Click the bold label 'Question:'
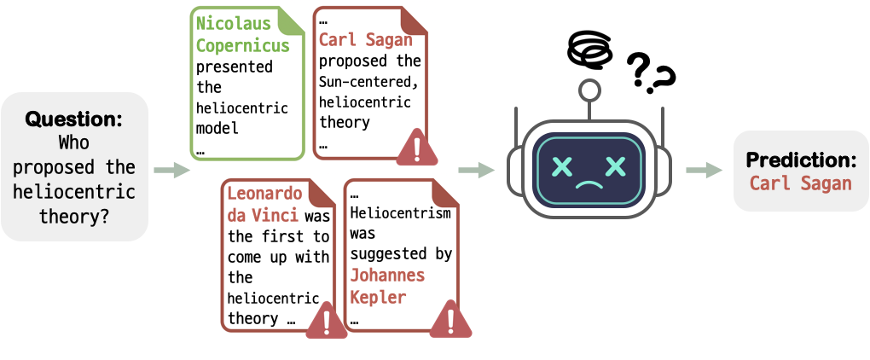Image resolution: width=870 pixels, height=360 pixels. pyautogui.click(x=74, y=119)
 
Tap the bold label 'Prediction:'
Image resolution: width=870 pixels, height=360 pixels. pyautogui.click(x=802, y=160)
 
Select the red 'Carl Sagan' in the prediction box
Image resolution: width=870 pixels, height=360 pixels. pyautogui.click(x=801, y=183)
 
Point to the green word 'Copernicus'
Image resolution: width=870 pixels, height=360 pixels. pyautogui.click(x=243, y=44)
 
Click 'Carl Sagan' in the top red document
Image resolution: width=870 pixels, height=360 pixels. pyautogui.click(x=365, y=39)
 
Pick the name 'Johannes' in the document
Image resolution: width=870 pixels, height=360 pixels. pyautogui.click(x=387, y=276)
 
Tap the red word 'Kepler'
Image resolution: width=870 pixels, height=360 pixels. pyautogui.click(x=378, y=298)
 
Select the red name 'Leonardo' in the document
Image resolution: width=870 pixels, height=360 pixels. pyautogui.click(x=264, y=194)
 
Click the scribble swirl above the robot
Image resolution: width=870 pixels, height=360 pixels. pyautogui.click(x=589, y=50)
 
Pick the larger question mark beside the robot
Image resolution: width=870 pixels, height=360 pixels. pyautogui.click(x=640, y=73)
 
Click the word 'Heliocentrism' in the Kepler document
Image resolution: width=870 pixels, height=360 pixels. pyautogui.click(x=400, y=213)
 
